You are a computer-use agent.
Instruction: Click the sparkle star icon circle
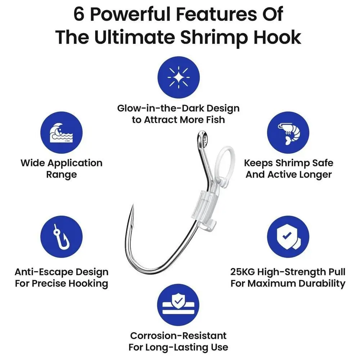(179, 77)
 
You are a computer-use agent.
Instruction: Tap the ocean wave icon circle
(61, 133)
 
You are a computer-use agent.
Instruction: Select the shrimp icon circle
(288, 133)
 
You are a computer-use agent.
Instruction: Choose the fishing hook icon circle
(61, 237)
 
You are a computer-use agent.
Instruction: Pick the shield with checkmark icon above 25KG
(288, 237)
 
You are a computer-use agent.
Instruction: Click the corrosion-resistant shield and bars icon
(178, 305)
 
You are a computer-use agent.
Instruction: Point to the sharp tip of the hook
(133, 205)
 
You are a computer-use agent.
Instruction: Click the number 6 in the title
(79, 14)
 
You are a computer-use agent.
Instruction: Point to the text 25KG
(242, 272)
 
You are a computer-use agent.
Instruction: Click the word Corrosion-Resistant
(179, 336)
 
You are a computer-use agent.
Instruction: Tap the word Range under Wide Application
(62, 175)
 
